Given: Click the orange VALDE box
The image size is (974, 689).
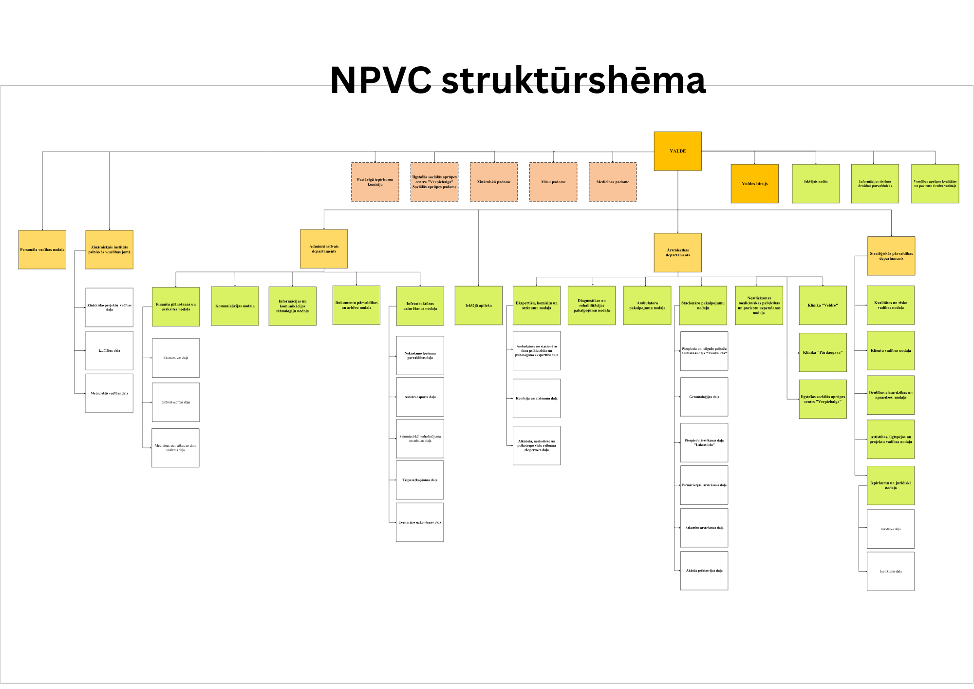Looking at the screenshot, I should coord(677,151).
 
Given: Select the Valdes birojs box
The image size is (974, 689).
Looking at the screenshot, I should coord(754,184).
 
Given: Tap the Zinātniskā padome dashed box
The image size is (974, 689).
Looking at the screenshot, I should coord(494,182).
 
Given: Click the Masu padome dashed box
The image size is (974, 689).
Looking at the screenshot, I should coord(553,182).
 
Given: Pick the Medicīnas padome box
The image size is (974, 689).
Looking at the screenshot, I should coord(613,182).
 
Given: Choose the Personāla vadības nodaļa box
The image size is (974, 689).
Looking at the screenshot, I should coord(42,249).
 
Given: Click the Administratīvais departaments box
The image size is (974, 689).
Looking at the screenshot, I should coord(324,249).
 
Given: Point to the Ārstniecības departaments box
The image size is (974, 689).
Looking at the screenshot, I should coord(677,252).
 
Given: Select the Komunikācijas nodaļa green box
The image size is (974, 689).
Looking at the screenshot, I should coord(235,306).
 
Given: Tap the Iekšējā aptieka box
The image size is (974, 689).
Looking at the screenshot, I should coord(478,306).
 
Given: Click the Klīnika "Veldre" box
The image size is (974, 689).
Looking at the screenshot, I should coord(823,306).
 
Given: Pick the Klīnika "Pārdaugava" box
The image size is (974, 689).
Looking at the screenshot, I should coord(823,352).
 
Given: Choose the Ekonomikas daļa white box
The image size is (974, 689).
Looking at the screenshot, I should coord(176,358).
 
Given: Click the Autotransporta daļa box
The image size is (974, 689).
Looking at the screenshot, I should coord(420,397).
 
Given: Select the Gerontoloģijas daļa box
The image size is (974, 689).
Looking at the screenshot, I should coord(704,397).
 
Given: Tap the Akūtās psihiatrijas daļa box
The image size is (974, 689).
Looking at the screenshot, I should coord(704,571).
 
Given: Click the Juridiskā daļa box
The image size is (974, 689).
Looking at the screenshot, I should coord(891,529).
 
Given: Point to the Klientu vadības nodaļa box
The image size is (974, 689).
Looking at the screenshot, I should coord(891,350).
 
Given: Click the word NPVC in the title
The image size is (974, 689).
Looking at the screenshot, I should coord(381,80).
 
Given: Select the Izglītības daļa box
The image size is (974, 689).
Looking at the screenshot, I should coord(109,350).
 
